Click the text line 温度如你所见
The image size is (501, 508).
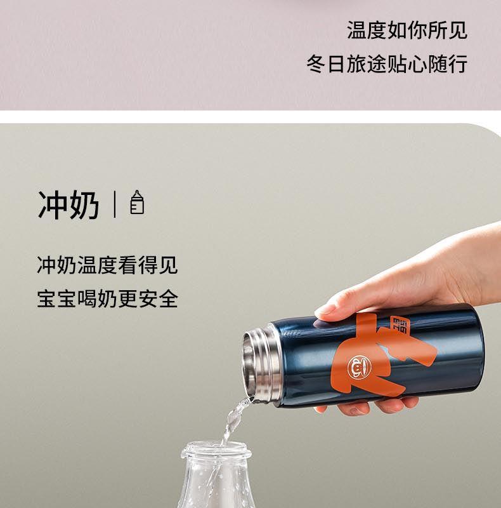click(x=407, y=30)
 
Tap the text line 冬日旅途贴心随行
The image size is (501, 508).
click(x=387, y=64)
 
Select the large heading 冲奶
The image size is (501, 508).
click(x=68, y=205)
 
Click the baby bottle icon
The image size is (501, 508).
click(x=137, y=202)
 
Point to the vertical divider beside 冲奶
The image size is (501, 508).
click(x=115, y=204)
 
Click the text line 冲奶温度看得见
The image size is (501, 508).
click(x=107, y=265)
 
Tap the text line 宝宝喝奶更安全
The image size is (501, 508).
click(x=107, y=298)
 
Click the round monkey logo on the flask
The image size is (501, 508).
click(x=358, y=367)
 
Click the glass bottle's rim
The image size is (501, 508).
click(x=216, y=450)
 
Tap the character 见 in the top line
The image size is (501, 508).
click(x=458, y=30)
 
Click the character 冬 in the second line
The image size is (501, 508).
click(x=316, y=64)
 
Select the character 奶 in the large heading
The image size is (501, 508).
click(x=84, y=205)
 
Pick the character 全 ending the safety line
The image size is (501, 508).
click(x=168, y=298)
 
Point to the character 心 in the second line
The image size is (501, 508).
click(x=417, y=64)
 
